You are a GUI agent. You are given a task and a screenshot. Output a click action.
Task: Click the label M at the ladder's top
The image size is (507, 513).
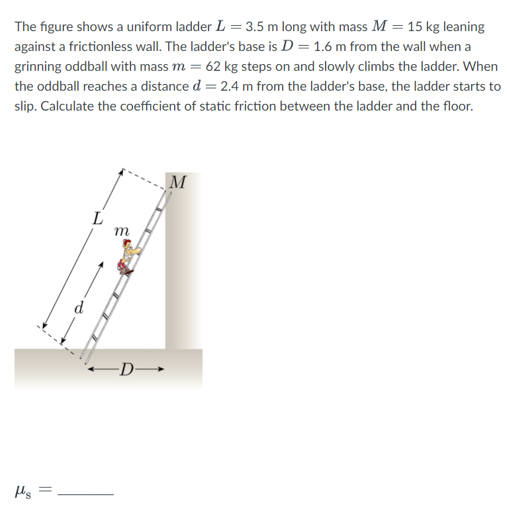[x=177, y=181]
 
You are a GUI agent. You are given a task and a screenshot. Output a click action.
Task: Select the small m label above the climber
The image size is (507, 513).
[x=122, y=232]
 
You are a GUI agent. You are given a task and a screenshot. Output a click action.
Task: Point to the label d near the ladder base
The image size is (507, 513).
[x=79, y=308]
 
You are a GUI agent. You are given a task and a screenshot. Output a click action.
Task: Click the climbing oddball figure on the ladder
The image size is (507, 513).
[x=128, y=257]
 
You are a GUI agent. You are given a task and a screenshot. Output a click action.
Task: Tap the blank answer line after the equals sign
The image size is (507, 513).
[x=86, y=492]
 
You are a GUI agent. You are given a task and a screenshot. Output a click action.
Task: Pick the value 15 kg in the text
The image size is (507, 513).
[x=424, y=27]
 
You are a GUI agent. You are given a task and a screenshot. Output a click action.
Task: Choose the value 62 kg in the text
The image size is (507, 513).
[x=223, y=67]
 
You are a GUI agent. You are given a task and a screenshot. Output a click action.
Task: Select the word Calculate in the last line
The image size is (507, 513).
[x=69, y=107]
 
